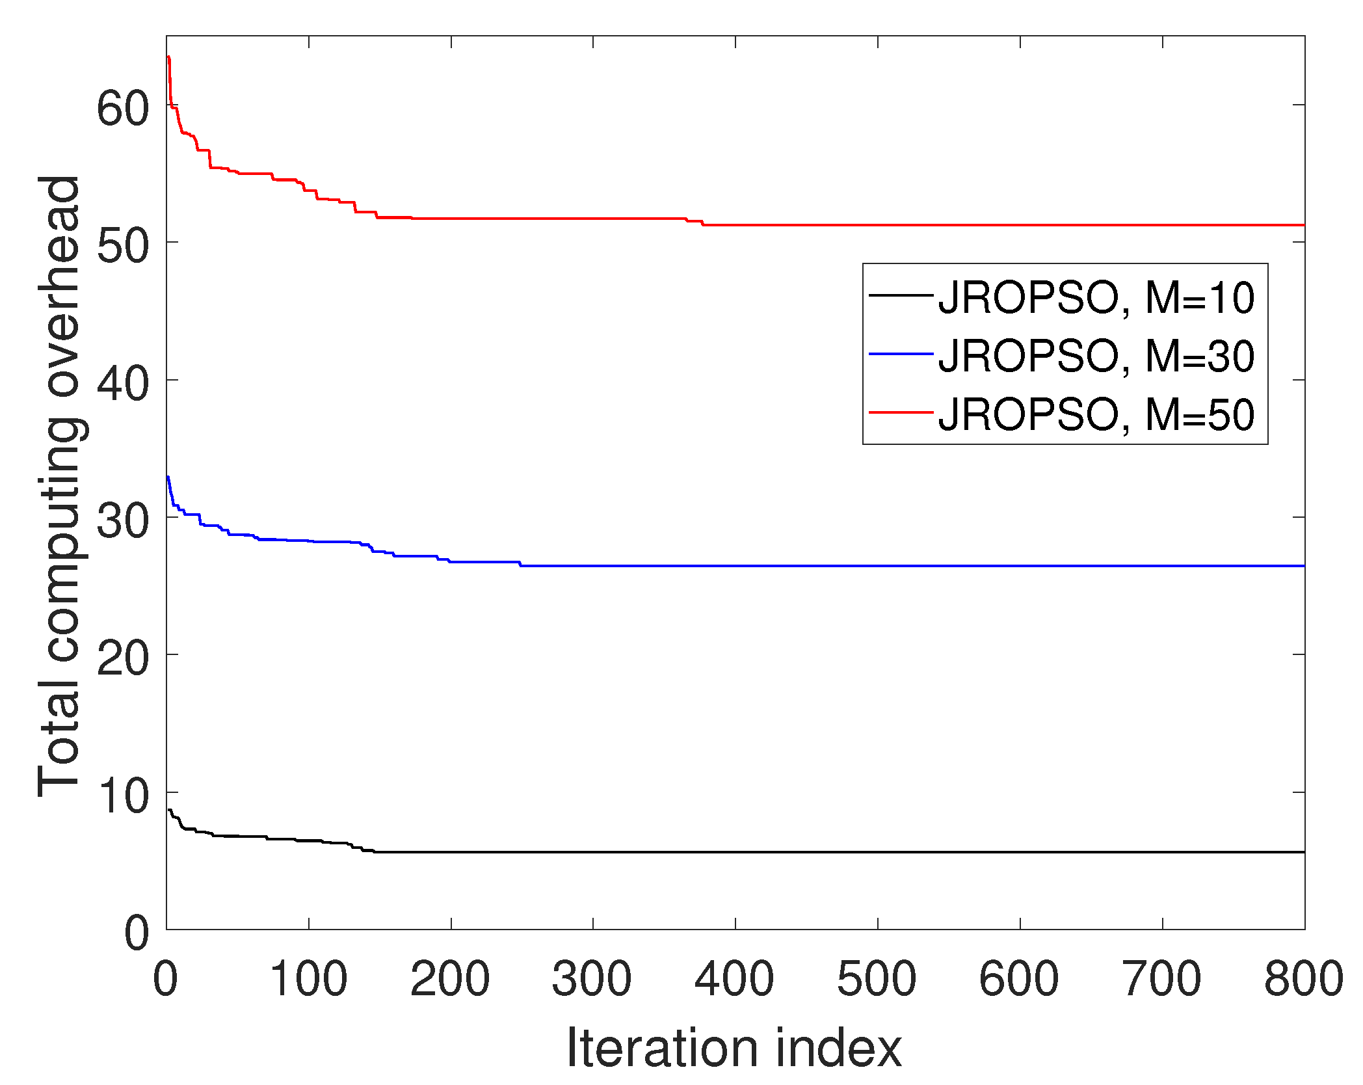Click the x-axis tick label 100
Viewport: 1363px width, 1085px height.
[x=308, y=979]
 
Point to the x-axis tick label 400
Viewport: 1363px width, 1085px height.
[x=734, y=979]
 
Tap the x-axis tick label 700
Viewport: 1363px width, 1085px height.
[x=1161, y=979]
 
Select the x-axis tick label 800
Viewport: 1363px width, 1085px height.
[x=1303, y=979]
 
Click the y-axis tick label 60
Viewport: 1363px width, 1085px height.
[x=123, y=108]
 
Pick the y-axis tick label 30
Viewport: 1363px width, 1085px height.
[x=123, y=520]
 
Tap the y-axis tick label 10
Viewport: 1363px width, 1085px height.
[x=123, y=796]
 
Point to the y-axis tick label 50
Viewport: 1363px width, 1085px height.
[x=123, y=245]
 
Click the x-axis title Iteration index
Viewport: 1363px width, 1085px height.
[x=734, y=1048]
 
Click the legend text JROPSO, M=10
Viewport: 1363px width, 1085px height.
[x=1096, y=298]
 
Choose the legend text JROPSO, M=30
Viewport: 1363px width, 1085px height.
[x=1096, y=356]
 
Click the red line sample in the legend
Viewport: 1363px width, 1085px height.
[x=901, y=412]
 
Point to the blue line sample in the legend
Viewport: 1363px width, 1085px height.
[x=901, y=354]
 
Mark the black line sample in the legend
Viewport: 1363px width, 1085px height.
[x=901, y=296]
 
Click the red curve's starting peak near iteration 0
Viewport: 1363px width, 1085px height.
[x=168, y=57]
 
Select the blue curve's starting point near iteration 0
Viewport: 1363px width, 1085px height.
[x=168, y=477]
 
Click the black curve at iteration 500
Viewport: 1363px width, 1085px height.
[x=878, y=851]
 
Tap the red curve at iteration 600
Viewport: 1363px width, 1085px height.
[x=1020, y=225]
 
